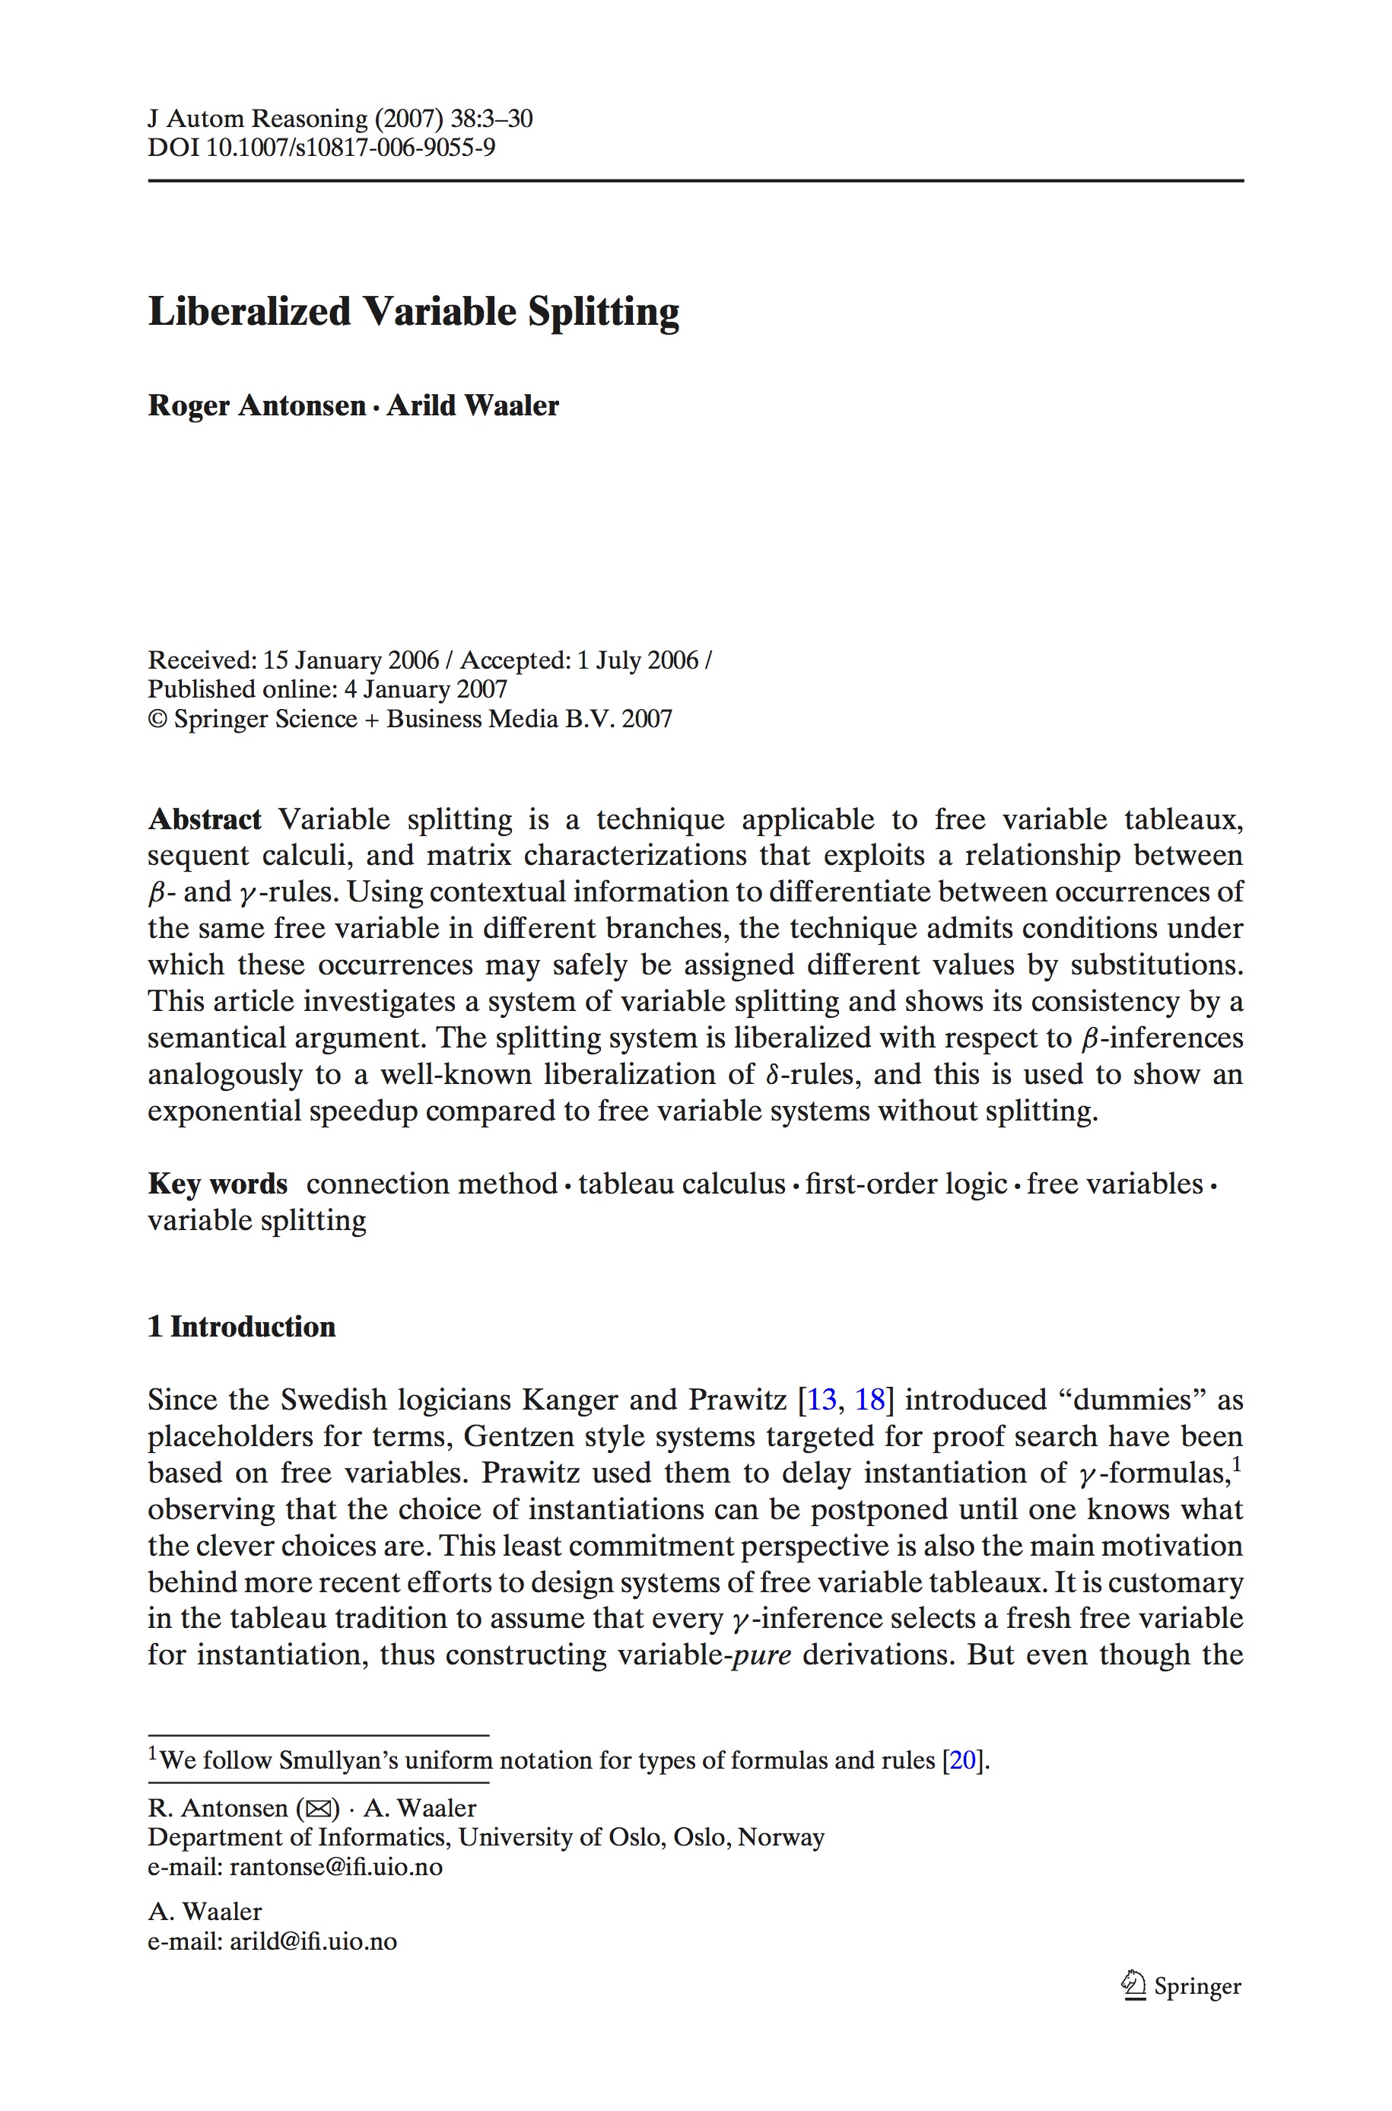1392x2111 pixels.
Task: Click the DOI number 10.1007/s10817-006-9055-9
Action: point(350,147)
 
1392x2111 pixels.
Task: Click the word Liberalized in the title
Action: point(249,312)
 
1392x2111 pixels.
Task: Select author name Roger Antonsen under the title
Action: point(256,405)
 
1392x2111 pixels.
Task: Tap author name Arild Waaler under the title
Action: point(472,405)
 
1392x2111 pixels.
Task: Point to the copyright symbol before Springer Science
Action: point(157,719)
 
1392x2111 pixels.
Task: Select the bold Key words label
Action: point(218,1184)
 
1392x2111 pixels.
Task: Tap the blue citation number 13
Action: point(822,1400)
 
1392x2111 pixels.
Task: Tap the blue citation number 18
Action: point(869,1400)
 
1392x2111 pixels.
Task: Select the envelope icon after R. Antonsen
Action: point(318,1809)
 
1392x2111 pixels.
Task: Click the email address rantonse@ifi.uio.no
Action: point(335,1867)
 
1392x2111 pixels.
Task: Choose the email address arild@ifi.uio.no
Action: point(313,1941)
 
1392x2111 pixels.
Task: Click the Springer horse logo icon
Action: point(1133,1985)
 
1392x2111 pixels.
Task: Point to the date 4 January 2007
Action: point(425,690)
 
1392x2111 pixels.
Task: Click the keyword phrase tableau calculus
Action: point(682,1184)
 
